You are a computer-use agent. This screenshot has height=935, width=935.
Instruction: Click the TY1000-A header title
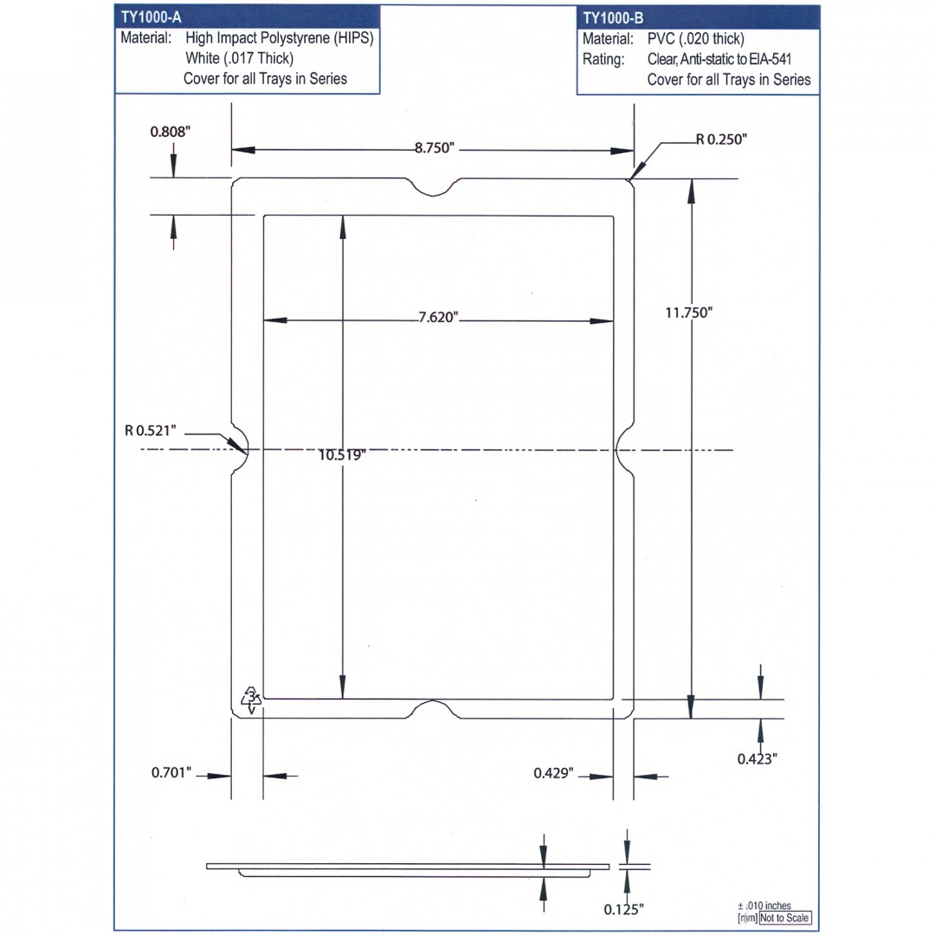151,16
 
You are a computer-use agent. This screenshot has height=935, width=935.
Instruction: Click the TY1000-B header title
613,18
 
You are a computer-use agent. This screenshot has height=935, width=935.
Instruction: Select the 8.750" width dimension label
435,148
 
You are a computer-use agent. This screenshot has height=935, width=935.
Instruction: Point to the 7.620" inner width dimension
438,317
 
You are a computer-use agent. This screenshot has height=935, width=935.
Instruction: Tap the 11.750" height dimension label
689,313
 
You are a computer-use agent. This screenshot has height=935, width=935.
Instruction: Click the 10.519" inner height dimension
342,455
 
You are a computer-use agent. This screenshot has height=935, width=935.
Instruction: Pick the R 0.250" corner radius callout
721,139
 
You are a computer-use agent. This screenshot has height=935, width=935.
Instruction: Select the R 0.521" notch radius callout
151,430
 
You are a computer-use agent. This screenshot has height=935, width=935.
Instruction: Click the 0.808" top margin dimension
170,132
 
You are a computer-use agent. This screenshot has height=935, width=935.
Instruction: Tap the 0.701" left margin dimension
171,773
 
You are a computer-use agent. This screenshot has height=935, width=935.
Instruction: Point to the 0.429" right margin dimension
553,773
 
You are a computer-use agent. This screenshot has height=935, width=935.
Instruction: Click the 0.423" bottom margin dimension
758,759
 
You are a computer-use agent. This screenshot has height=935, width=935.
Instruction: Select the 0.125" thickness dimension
624,910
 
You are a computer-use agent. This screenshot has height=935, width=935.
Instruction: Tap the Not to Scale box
785,919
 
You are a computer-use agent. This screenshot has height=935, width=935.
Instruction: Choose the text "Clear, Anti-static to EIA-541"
719,59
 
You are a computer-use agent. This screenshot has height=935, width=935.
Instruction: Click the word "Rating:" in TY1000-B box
603,59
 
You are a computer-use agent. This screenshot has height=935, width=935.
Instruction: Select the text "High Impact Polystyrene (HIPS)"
279,38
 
